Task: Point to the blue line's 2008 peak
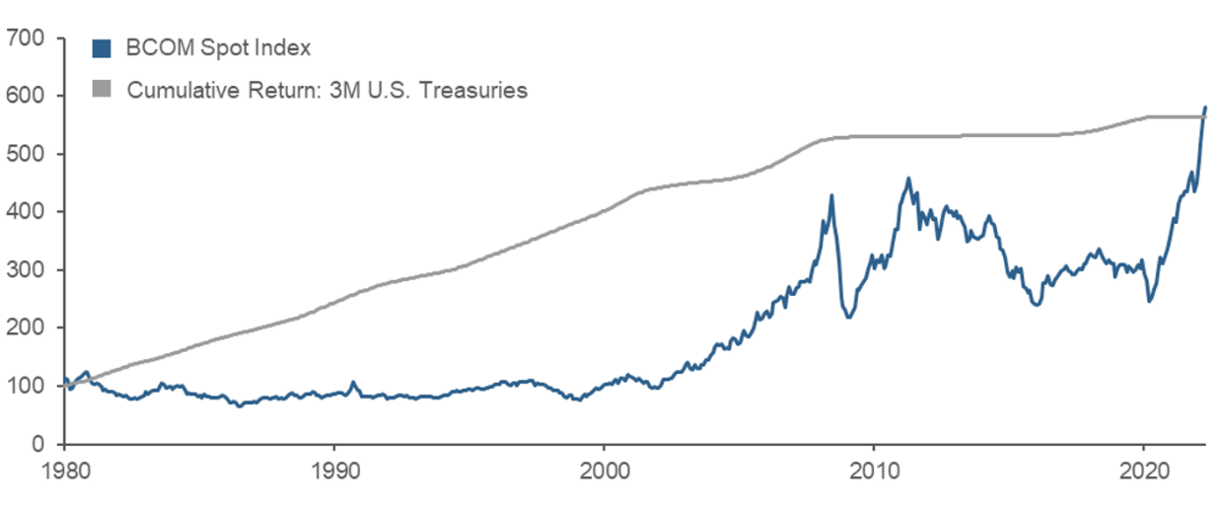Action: (831, 195)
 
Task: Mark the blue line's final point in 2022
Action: (1205, 107)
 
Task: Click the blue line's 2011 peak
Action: (908, 179)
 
